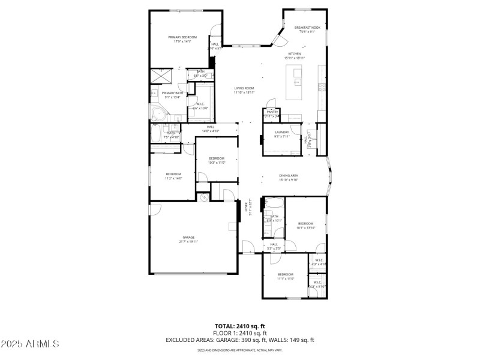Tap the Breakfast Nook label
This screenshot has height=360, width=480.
pos(307,28)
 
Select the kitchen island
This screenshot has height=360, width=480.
pos(295,83)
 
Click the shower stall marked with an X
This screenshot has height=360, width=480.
pos(162,75)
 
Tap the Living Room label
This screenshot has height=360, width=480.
pos(244,88)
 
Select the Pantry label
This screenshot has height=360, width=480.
pos(272,112)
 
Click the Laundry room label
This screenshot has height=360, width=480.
pos(282,132)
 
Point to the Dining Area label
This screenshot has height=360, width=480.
pos(289,175)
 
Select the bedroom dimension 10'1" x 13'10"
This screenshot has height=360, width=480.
pos(306,227)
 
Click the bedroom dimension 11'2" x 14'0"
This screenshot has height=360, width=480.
pos(173,178)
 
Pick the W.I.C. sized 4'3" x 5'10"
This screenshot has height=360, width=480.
pos(317,286)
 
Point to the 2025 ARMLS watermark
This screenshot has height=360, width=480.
pos(30,344)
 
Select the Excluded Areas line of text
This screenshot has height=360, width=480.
pos(240,340)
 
